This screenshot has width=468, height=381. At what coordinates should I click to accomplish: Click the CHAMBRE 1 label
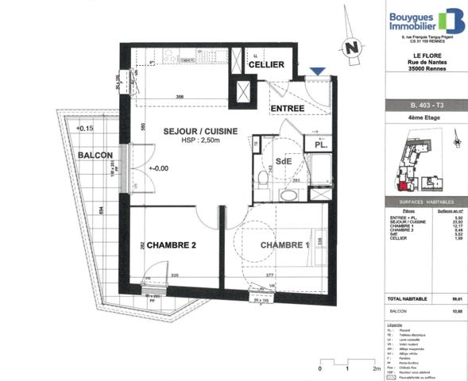coord(285,245)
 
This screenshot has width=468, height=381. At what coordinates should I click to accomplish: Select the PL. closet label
coord(319,146)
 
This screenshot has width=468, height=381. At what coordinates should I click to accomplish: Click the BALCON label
coord(95,156)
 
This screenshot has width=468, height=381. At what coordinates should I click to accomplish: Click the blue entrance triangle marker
coord(317,72)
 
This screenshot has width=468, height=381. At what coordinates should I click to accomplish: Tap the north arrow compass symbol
coord(349,48)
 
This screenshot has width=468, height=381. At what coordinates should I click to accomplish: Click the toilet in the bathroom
coord(263,178)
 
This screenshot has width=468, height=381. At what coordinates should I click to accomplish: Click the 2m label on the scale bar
coord(376,369)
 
